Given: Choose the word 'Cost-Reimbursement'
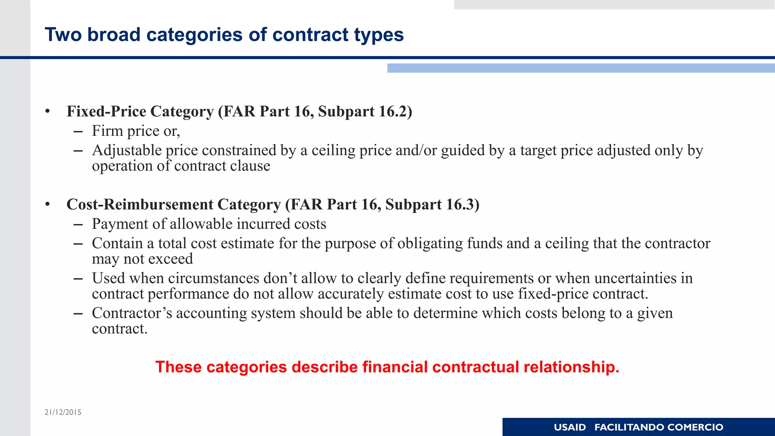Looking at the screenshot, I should (140, 204).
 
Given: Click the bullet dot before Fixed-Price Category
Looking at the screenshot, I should (47, 112).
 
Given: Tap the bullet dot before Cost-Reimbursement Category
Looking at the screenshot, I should (47, 205).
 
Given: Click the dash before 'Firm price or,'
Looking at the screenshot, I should (78, 131).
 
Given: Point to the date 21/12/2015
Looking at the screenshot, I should (63, 412).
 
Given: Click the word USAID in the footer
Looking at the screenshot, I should (570, 427).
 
